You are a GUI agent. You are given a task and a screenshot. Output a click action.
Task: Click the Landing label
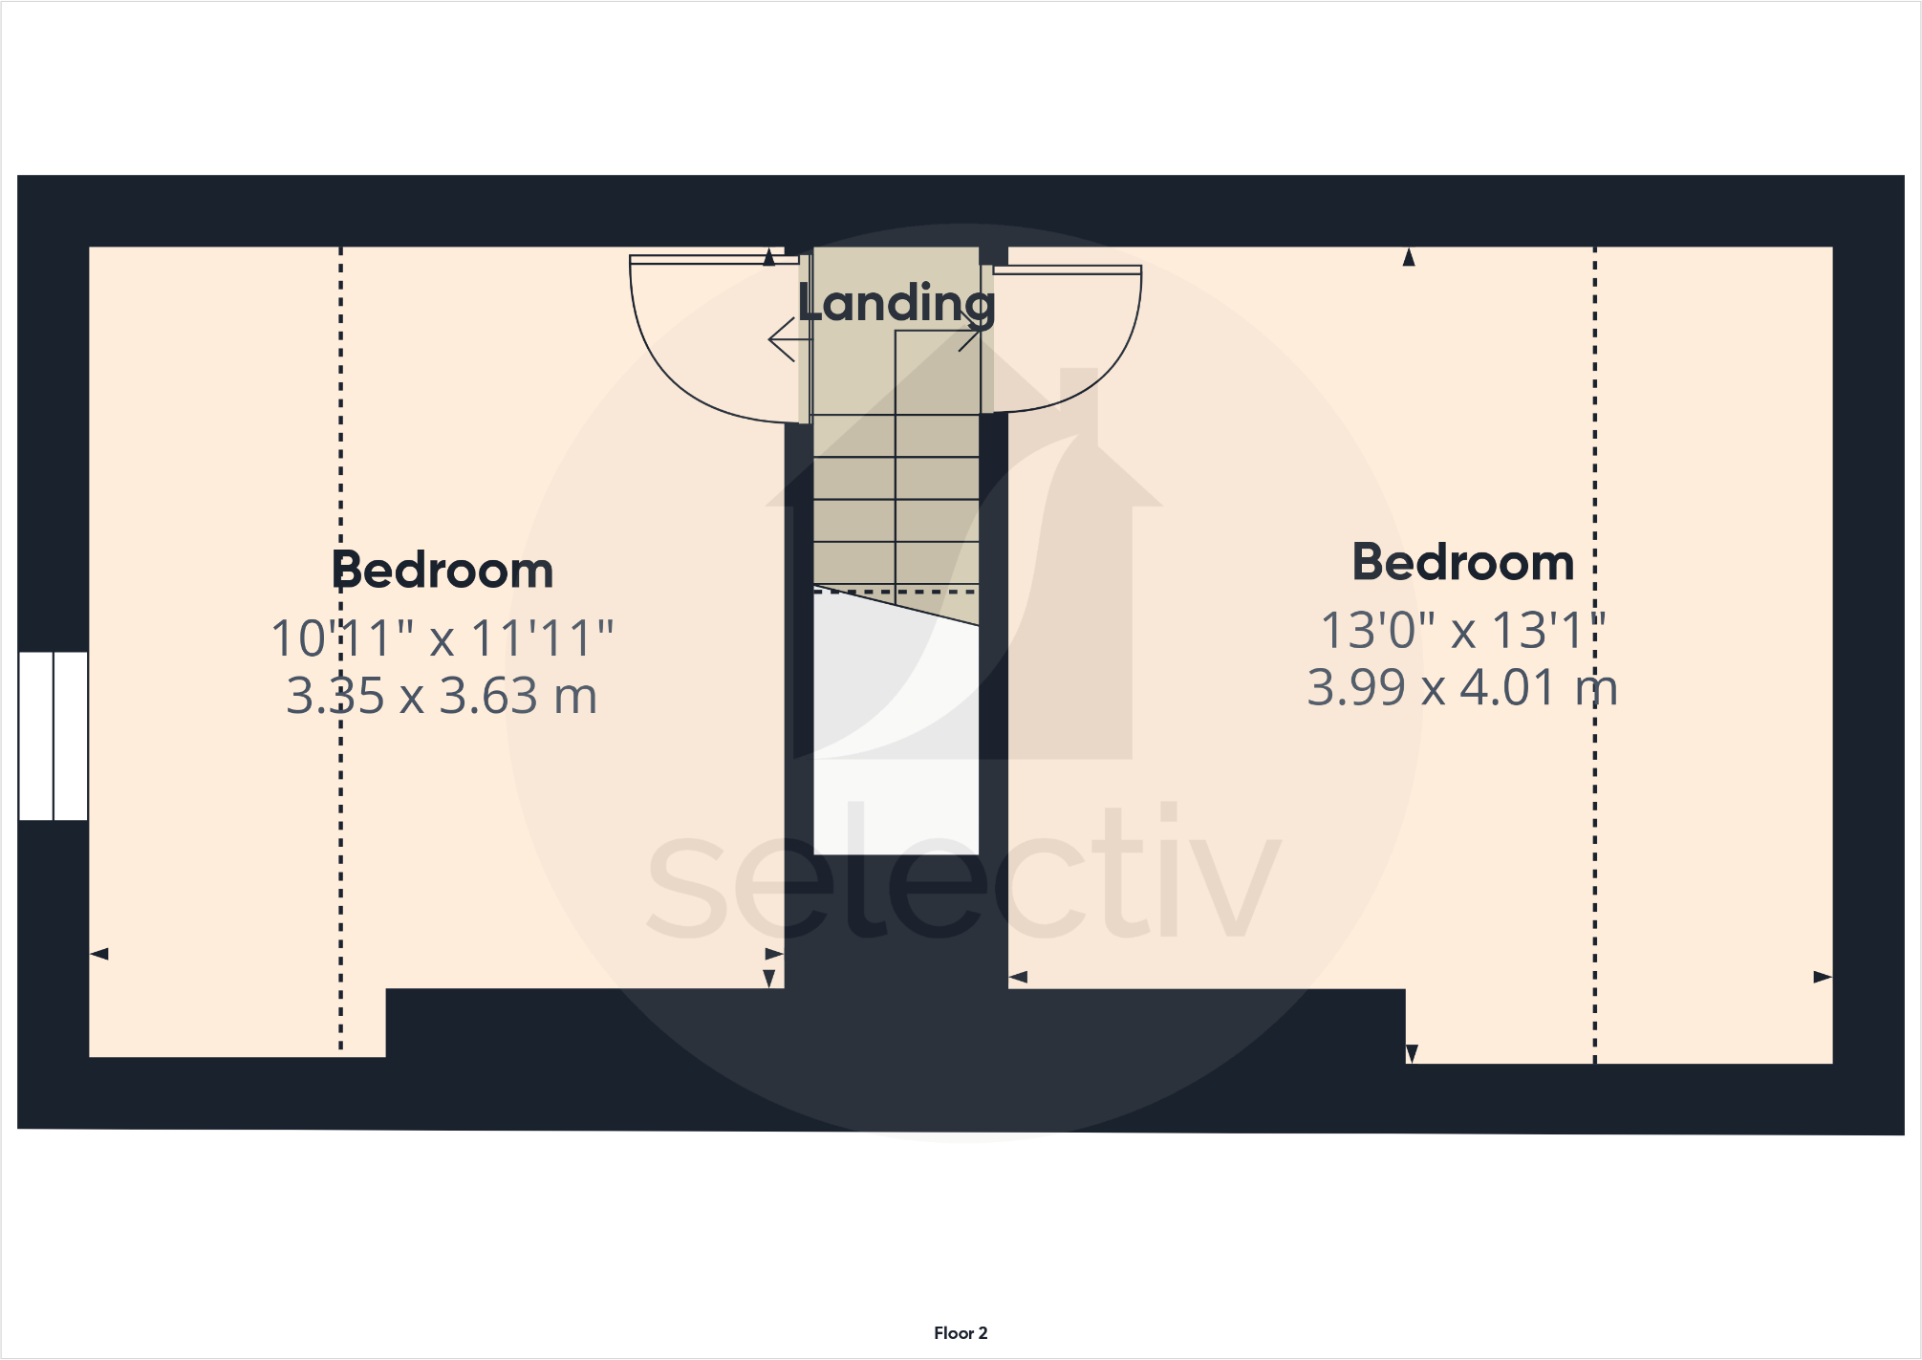tap(896, 303)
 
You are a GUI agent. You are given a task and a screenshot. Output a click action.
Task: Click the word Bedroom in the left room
tap(443, 571)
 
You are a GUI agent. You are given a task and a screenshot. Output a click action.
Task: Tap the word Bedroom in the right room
tap(1462, 562)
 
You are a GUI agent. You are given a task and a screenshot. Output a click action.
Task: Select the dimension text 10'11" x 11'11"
tap(443, 637)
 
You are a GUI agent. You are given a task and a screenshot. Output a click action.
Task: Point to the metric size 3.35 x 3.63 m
tap(443, 695)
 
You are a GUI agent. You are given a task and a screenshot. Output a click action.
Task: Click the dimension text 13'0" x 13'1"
tap(1462, 630)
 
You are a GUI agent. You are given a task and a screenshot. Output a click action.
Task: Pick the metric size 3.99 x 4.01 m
tap(1462, 687)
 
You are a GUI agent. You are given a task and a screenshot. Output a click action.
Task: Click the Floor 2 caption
tap(961, 1333)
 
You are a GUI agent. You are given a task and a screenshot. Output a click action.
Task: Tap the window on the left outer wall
tap(54, 736)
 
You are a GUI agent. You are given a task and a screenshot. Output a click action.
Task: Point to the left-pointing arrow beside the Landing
tap(784, 339)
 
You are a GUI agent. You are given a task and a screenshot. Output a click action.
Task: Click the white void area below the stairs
tap(896, 765)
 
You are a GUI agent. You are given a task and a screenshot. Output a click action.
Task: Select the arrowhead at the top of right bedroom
tap(1409, 257)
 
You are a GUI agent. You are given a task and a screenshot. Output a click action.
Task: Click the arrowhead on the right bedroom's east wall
tap(1823, 977)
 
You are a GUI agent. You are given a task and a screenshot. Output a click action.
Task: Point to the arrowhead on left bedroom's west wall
tap(99, 954)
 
